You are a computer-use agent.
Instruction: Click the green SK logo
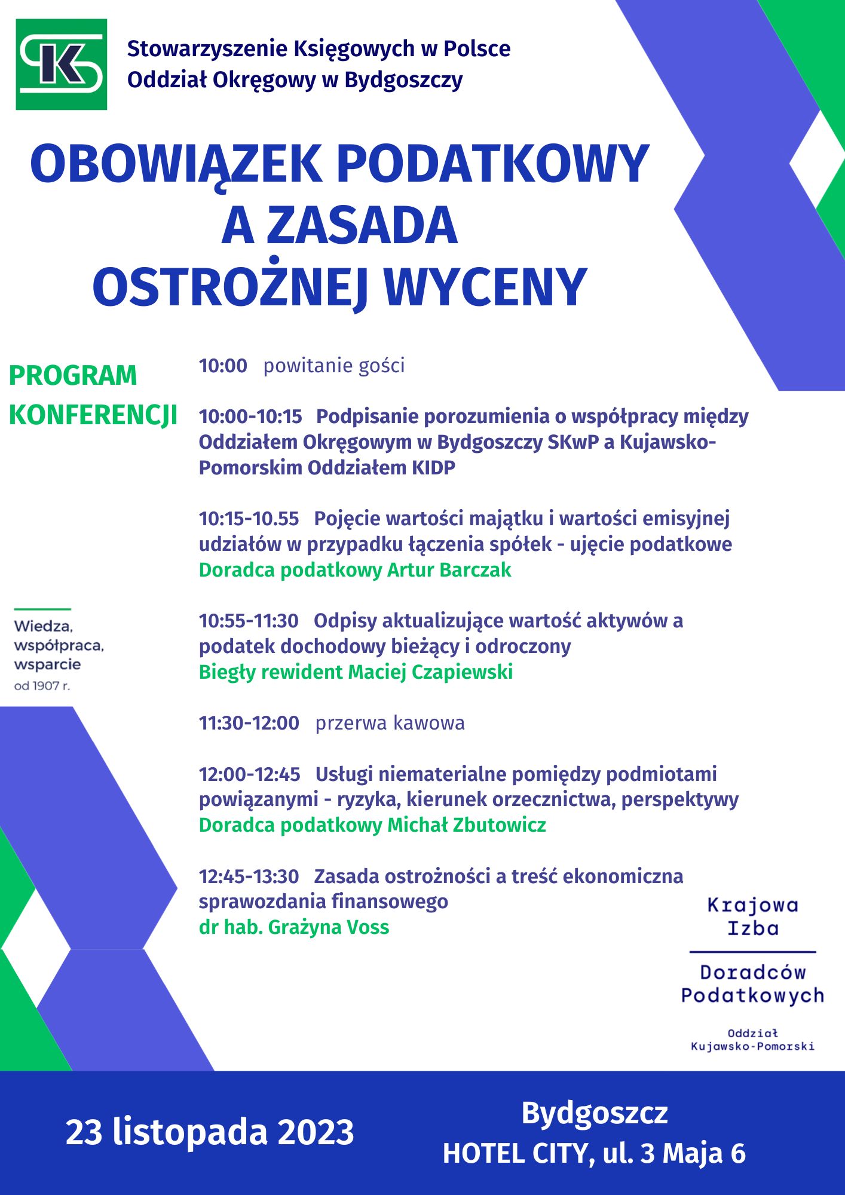[61, 65]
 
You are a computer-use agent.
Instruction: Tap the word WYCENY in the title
[485, 288]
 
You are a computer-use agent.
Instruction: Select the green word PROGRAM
[73, 376]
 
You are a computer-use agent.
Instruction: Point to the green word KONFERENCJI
[93, 415]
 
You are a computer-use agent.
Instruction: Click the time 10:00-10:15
[250, 416]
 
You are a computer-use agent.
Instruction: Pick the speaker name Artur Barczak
[449, 570]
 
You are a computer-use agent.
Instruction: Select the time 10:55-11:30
[249, 621]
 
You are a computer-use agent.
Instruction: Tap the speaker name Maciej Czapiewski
[430, 672]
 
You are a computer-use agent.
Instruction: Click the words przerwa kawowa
[390, 723]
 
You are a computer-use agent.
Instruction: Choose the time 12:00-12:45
[249, 774]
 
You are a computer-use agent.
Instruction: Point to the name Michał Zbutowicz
[467, 825]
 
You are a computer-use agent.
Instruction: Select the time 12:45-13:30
[249, 877]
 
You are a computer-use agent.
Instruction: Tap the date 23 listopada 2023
[210, 1132]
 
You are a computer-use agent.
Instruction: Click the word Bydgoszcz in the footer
[594, 1113]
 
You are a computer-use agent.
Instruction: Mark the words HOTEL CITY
[515, 1154]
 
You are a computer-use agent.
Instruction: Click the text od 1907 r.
[42, 686]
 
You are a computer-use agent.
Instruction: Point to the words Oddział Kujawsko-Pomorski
[752, 1040]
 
